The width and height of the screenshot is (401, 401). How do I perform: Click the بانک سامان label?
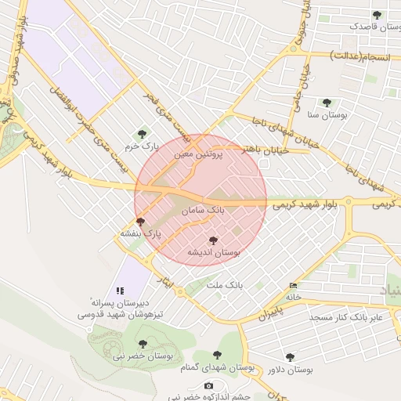pos(203,211)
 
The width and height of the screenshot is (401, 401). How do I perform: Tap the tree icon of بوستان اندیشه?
pos(213,240)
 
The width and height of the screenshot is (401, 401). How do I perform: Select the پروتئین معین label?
pos(198,155)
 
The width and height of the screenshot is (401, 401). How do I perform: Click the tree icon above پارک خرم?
pos(142,134)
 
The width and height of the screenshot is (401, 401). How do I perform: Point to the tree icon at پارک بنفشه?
pos(140,222)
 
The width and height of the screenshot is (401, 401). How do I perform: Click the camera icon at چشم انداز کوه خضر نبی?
pos(208,385)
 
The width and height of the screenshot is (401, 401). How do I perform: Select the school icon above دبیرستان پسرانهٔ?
pos(120,290)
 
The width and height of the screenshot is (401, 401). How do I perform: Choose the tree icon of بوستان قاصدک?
pos(377,14)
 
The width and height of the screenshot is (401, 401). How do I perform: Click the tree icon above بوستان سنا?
pos(327,102)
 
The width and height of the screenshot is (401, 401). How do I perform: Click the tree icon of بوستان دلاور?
pos(290,357)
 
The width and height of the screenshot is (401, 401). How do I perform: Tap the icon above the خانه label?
pos(294,285)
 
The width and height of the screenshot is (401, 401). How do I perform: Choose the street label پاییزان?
pos(269,315)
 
